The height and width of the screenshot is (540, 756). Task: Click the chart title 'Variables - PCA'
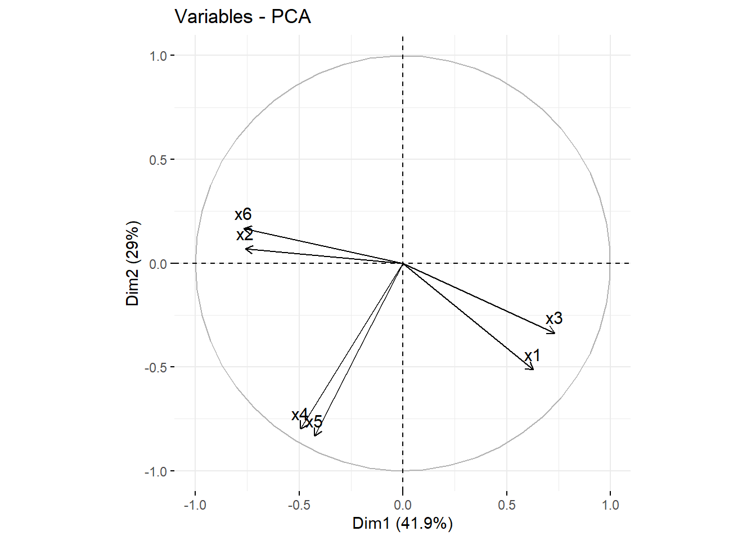pos(242,17)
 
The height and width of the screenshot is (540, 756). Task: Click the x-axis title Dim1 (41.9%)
pos(402,524)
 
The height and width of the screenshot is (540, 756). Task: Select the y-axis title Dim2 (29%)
pos(133,263)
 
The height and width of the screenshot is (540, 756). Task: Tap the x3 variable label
pos(554,318)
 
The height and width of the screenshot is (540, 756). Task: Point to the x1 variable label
pos(532,355)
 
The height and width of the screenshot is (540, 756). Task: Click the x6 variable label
pos(243,214)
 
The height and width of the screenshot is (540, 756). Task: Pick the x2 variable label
pos(245,235)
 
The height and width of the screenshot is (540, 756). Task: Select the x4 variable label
pos(300,415)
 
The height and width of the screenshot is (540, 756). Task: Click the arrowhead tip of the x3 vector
pos(555,334)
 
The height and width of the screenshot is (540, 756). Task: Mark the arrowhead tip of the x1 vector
pos(533,370)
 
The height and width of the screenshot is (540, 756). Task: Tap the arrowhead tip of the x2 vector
pos(245,249)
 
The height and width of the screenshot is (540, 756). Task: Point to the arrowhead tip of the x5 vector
pos(316,436)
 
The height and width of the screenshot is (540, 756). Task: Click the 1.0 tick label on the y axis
pos(158,56)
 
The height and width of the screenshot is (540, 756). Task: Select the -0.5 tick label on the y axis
pos(157,367)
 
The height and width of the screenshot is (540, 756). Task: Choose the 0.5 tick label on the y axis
pos(158,160)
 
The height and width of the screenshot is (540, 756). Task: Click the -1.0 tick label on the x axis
pos(195,505)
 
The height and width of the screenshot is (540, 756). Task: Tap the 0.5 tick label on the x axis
pos(506,505)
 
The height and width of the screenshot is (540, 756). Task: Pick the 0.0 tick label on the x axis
pos(403,505)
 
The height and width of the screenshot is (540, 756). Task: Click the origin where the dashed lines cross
pos(403,263)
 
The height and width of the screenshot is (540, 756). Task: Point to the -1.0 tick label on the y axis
pos(157,471)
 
